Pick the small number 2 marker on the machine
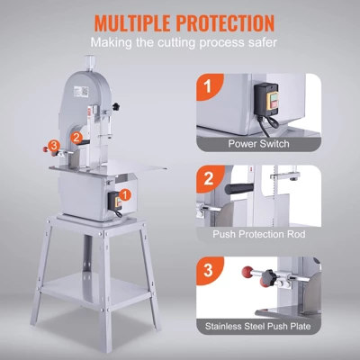[x=78, y=138]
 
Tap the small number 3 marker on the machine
[x=57, y=144]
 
